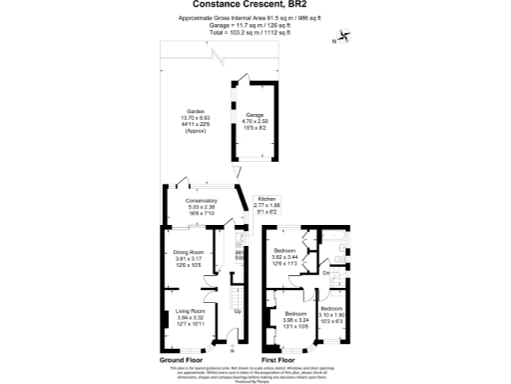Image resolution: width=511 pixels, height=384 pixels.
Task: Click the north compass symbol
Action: coord(344,38)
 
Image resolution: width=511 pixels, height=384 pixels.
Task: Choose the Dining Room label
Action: coord(189,259)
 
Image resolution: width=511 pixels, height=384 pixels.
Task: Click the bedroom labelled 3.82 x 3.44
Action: coord(285,256)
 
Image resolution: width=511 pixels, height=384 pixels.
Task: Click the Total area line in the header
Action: coord(255,33)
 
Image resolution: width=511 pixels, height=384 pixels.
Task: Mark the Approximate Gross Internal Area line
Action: coord(255,19)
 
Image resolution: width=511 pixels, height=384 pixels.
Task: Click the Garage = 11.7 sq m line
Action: coord(255,26)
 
